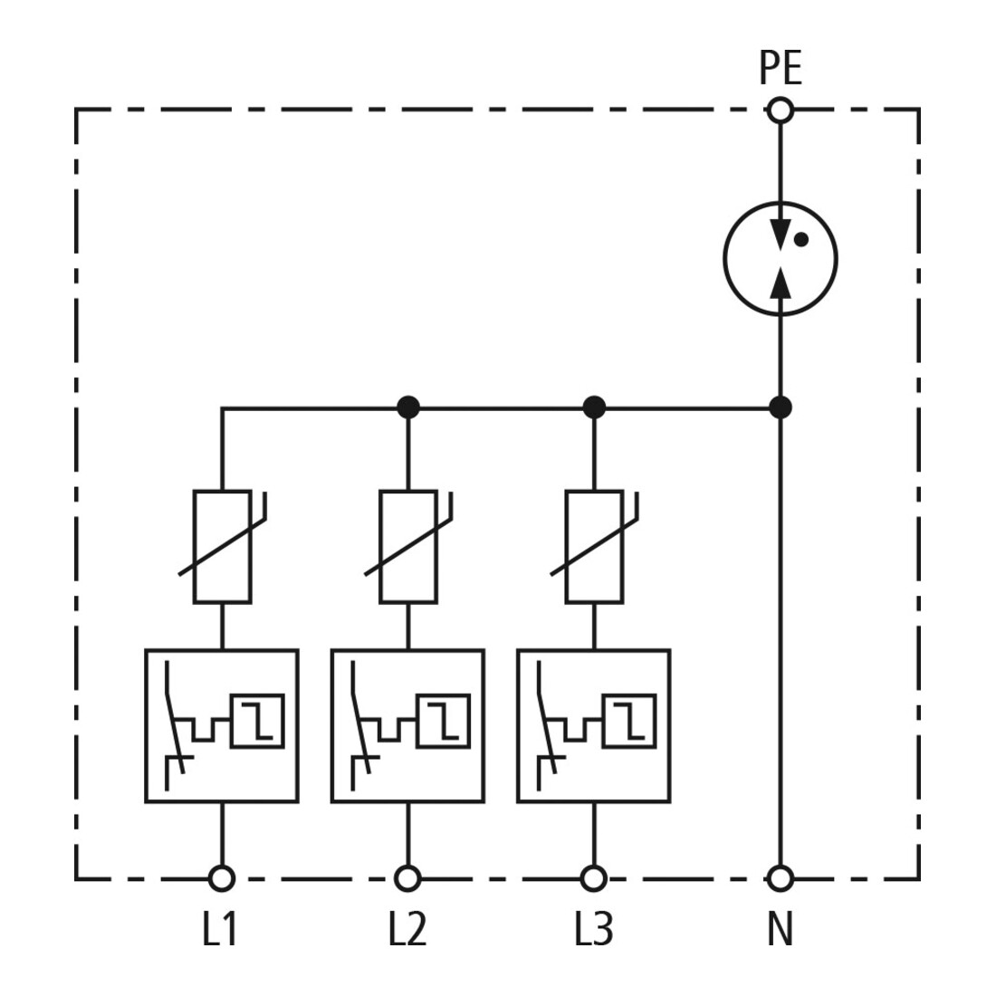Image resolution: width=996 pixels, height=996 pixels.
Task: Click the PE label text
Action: (x=781, y=68)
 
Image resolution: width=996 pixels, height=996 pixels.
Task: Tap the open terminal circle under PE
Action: (x=780, y=110)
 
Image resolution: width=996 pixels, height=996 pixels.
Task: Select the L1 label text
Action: (x=220, y=929)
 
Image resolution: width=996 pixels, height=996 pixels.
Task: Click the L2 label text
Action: (x=407, y=929)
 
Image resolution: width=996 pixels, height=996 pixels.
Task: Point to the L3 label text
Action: (x=594, y=929)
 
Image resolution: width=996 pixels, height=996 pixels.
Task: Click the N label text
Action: (x=781, y=929)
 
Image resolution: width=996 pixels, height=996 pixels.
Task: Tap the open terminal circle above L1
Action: (x=222, y=878)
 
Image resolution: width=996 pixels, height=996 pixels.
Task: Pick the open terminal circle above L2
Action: (x=407, y=878)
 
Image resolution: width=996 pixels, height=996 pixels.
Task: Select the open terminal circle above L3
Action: (x=594, y=878)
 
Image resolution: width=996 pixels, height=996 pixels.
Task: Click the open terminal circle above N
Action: (x=780, y=878)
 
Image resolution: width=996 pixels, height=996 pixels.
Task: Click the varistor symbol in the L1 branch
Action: (x=223, y=546)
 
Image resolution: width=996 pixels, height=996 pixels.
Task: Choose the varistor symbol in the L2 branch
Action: (x=408, y=546)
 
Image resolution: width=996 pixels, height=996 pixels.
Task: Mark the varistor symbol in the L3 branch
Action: (x=595, y=546)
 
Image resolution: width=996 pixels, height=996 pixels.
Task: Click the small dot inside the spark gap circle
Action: (x=801, y=239)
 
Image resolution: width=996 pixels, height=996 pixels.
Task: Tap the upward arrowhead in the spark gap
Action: (x=780, y=282)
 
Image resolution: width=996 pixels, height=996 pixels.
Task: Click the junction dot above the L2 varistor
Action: (x=407, y=407)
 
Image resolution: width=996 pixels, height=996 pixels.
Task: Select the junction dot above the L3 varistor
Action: (x=594, y=407)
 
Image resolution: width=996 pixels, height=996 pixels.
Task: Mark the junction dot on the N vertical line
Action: (x=780, y=407)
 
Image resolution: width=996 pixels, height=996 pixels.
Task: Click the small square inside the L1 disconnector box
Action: (x=257, y=721)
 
